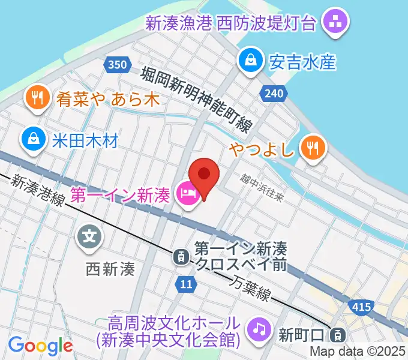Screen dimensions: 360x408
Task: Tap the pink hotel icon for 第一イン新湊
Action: tap(188, 194)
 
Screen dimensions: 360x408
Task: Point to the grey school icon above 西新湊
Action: tap(90, 236)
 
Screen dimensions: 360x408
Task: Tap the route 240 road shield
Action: tap(274, 93)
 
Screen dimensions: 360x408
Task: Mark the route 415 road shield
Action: tap(361, 307)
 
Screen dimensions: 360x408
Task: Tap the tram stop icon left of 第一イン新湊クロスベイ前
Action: tap(179, 257)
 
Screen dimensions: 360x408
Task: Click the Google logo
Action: tap(40, 346)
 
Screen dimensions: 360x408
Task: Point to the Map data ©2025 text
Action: tap(357, 352)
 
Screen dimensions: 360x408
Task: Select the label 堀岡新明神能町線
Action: tap(198, 98)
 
